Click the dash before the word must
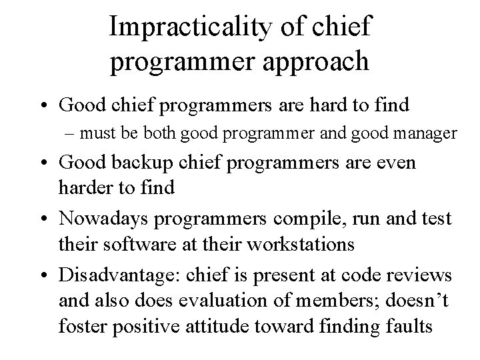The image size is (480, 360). (85, 134)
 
